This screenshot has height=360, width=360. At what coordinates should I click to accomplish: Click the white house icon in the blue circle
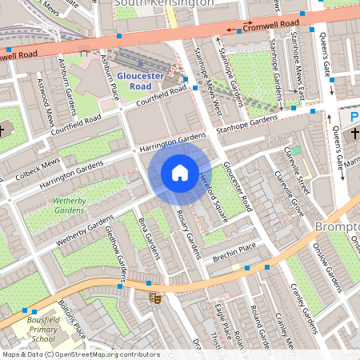pyautogui.click(x=180, y=172)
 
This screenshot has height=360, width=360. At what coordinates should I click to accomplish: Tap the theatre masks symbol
pyautogui.click(x=155, y=298)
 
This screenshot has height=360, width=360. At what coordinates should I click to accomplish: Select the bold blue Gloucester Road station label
pyautogui.click(x=141, y=81)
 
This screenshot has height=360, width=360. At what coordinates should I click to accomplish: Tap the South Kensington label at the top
pyautogui.click(x=164, y=3)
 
